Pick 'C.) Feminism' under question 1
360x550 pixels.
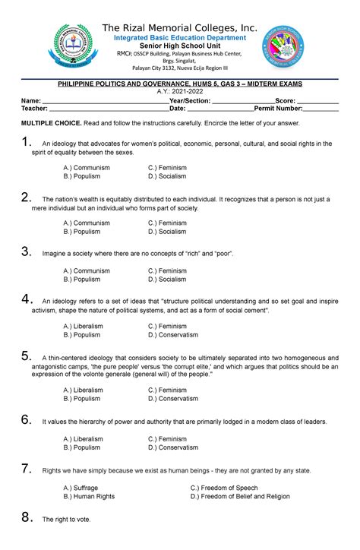pyautogui.click(x=167, y=167)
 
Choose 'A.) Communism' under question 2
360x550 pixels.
pyautogui.click(x=87, y=223)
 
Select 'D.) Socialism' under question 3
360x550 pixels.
pyautogui.click(x=167, y=280)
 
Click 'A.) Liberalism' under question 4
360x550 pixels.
pyautogui.click(x=84, y=326)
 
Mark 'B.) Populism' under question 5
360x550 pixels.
pyautogui.click(x=82, y=398)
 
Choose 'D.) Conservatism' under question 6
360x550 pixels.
pyautogui.click(x=173, y=447)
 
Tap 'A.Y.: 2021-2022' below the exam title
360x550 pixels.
pyautogui.click(x=180, y=90)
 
